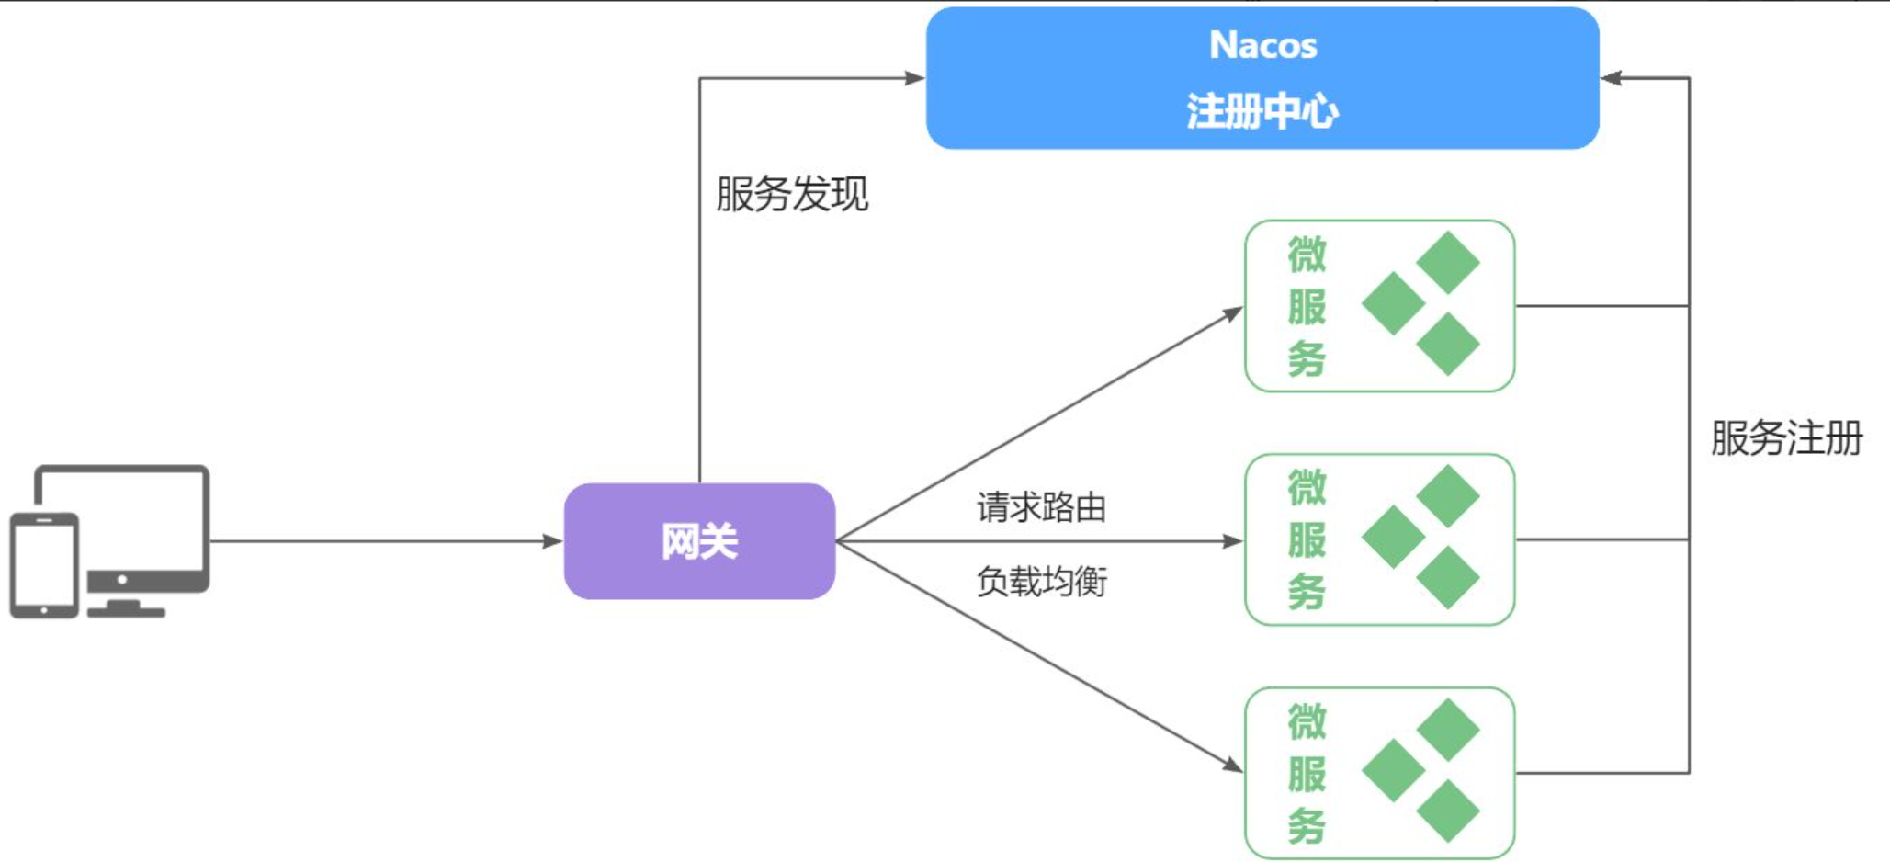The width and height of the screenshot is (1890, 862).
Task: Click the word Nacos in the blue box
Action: (1262, 45)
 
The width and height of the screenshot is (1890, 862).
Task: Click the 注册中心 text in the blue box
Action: (1262, 111)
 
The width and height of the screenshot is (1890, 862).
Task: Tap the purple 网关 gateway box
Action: (699, 541)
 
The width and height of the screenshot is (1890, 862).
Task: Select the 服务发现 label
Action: (792, 194)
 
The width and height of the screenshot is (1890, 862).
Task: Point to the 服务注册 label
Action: (1786, 438)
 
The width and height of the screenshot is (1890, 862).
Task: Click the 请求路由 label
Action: (1041, 507)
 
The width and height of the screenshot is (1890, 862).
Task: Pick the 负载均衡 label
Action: (1041, 582)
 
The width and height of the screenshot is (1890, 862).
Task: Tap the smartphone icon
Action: (43, 565)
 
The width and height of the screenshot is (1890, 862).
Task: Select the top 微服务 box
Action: (1378, 306)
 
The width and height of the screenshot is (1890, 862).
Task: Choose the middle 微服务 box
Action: (1378, 539)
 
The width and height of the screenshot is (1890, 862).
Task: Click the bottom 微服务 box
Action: (1378, 773)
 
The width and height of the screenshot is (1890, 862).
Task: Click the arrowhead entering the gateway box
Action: (553, 541)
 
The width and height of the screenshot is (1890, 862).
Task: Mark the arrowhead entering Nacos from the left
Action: (915, 78)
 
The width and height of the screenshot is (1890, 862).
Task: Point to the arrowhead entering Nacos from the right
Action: (1611, 78)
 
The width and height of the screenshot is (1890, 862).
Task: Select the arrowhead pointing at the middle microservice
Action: (1233, 541)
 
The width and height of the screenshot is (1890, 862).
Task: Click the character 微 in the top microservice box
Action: (1307, 255)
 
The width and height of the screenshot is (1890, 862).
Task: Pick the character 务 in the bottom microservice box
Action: (1307, 825)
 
